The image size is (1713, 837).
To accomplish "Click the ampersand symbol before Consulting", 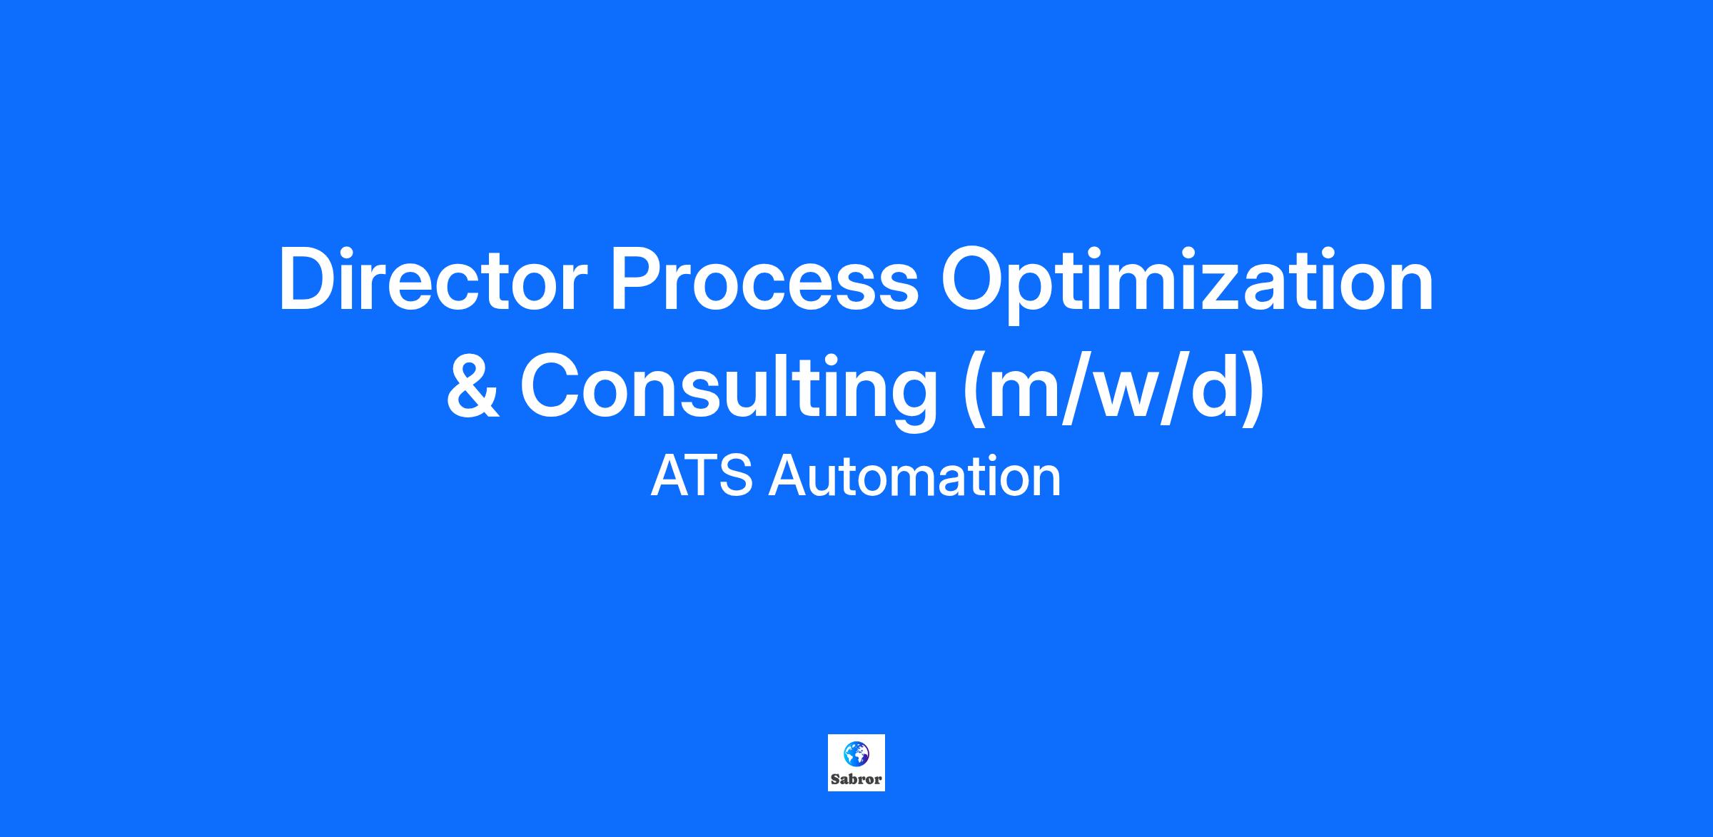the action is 472,387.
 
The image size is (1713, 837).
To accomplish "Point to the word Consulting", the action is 728,392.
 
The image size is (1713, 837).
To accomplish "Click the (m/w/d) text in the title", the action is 1114,391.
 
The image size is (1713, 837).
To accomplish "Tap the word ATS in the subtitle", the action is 702,476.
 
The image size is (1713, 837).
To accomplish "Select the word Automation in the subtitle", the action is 914,476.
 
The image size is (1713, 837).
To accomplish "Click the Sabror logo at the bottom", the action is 856,763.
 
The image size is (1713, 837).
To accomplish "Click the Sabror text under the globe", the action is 856,779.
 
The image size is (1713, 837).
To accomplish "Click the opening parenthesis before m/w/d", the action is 974,390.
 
